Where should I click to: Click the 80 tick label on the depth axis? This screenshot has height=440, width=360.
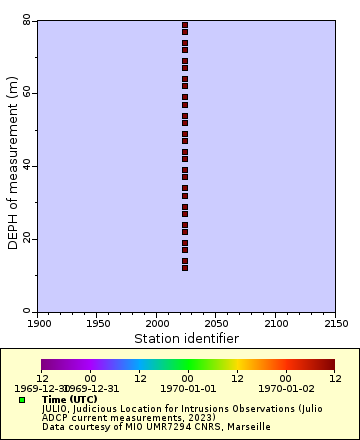(27, 19)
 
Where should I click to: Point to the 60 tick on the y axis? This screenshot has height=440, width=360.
(27, 93)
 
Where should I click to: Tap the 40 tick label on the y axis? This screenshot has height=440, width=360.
(27, 166)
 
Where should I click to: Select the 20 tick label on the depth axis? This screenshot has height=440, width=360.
(27, 239)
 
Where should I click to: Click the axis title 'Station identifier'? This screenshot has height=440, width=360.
(187, 339)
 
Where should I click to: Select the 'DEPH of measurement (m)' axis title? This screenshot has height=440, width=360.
(13, 165)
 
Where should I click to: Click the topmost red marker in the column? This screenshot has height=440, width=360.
(185, 24)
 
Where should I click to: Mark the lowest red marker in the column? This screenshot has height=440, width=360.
(185, 267)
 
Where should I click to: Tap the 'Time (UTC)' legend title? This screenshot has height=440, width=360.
(70, 399)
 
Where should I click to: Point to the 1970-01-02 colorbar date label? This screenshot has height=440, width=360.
(286, 388)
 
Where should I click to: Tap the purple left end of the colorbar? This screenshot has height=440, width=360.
(45, 365)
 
